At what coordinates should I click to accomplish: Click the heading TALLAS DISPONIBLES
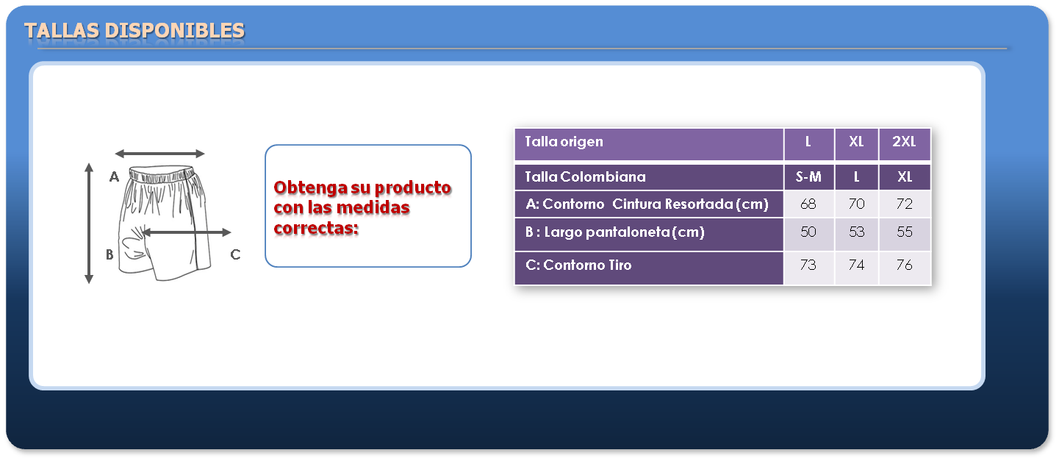pos(134,31)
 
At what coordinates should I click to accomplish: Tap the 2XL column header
pos(904,142)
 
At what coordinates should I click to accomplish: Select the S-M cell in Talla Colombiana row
pos(808,177)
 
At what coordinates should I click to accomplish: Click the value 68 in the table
pos(808,204)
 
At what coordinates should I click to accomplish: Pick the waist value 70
pos(856,204)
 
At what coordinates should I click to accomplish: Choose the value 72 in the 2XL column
pos(905,204)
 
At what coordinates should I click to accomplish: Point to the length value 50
pos(808,232)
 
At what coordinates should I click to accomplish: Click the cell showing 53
pos(856,232)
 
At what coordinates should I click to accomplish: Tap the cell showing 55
pos(905,232)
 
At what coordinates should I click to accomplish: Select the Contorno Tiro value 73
pos(808,265)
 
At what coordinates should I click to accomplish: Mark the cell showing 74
pos(856,265)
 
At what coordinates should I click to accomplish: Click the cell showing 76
pos(905,265)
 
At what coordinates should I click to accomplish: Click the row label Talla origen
pos(564,142)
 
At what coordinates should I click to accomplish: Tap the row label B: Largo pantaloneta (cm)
pos(614,232)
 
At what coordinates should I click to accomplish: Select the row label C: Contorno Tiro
pos(578,265)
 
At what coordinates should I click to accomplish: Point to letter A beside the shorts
pos(114,177)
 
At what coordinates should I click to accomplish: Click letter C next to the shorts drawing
pos(235,255)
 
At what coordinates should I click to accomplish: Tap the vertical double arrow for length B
pos(89,224)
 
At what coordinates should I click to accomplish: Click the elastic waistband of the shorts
pos(162,174)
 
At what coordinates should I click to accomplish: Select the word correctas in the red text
pos(316,229)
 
